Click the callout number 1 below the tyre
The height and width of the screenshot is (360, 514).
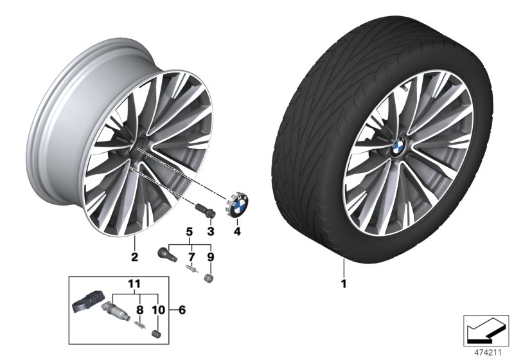tap(344, 281)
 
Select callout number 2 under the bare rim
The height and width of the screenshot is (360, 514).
tap(135, 257)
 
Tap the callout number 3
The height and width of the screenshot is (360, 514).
tap(209, 230)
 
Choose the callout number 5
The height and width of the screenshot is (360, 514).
tap(189, 230)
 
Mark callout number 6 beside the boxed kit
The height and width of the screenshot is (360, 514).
tap(182, 310)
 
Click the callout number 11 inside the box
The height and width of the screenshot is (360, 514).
tap(133, 282)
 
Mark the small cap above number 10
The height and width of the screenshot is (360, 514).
tap(154, 333)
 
